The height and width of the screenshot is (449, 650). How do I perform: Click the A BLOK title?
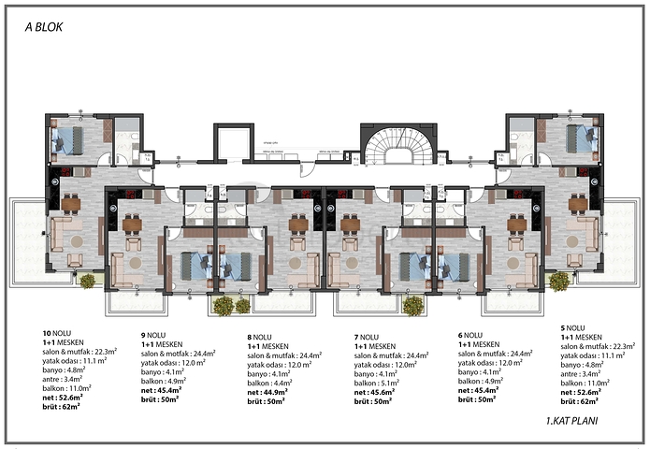click(44, 29)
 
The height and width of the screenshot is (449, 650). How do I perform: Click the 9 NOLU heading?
click(155, 335)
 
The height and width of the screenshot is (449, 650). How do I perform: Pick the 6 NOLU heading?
click(472, 335)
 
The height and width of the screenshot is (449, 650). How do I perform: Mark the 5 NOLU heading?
click(575, 327)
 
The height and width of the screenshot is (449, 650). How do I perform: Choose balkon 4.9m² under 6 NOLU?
click(486, 380)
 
